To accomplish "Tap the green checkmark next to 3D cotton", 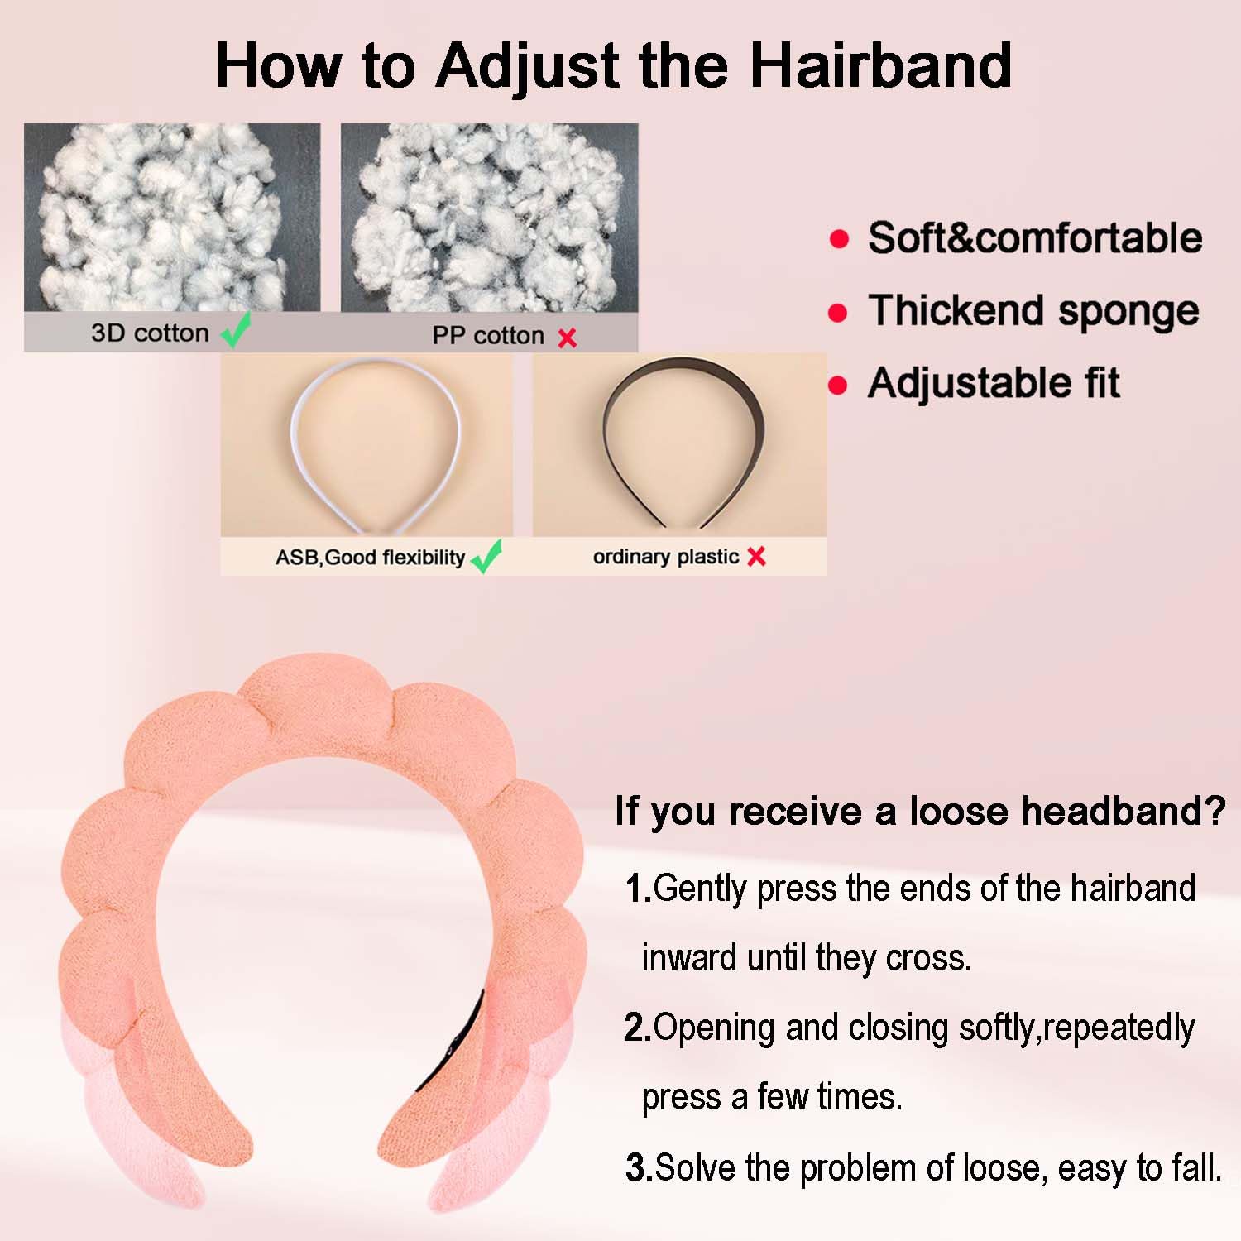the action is (x=236, y=331).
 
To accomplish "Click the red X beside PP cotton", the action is (x=567, y=338).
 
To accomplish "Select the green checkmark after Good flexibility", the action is (x=486, y=556).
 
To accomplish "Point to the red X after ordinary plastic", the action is (x=756, y=557).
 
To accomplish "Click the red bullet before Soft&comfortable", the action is (x=839, y=239).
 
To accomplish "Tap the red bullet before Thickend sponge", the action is (x=838, y=313).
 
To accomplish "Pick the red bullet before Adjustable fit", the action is (x=838, y=386).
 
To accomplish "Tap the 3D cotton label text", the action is (x=150, y=333).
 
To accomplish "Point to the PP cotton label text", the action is (x=488, y=335).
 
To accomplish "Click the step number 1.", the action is (x=637, y=889).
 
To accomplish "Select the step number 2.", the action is (x=637, y=1028).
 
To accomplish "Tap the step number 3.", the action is (x=639, y=1168).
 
